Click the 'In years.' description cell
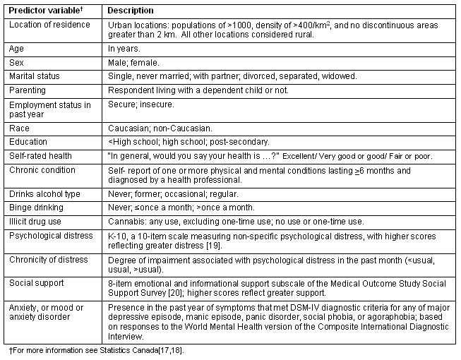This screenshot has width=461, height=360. point(124,49)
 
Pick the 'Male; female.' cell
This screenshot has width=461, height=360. point(131,62)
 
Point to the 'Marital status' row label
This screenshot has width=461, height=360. point(35,76)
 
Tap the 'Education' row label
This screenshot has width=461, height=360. point(29,141)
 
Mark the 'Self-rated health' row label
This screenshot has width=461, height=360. point(40,155)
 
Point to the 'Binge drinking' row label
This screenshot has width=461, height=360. point(36,208)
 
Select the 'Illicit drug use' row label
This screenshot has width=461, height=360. point(36,221)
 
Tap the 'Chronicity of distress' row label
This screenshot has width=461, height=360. point(49,259)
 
